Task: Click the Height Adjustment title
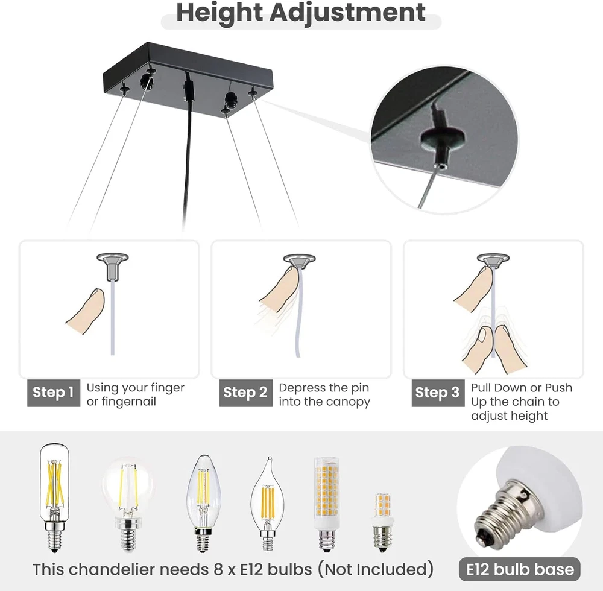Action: pyautogui.click(x=301, y=12)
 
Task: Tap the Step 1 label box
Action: pyautogui.click(x=54, y=393)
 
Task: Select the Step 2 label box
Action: pyautogui.click(x=246, y=393)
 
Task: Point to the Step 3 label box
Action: pyautogui.click(x=438, y=393)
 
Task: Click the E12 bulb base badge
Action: pyautogui.click(x=520, y=569)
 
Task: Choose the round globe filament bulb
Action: pyautogui.click(x=128, y=505)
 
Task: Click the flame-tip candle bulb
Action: pyautogui.click(x=268, y=505)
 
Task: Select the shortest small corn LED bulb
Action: pyautogui.click(x=382, y=522)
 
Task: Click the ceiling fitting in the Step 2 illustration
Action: pyautogui.click(x=299, y=261)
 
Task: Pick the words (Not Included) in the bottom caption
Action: pyautogui.click(x=375, y=569)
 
